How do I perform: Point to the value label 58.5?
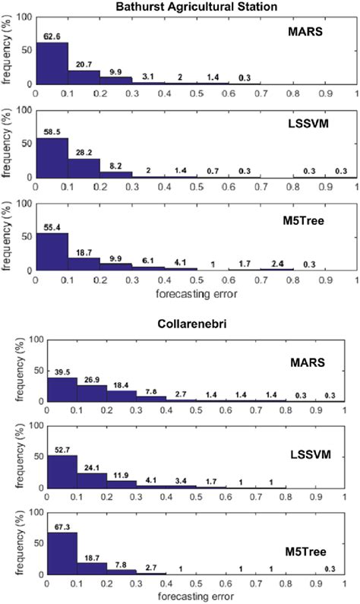click(50, 131)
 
